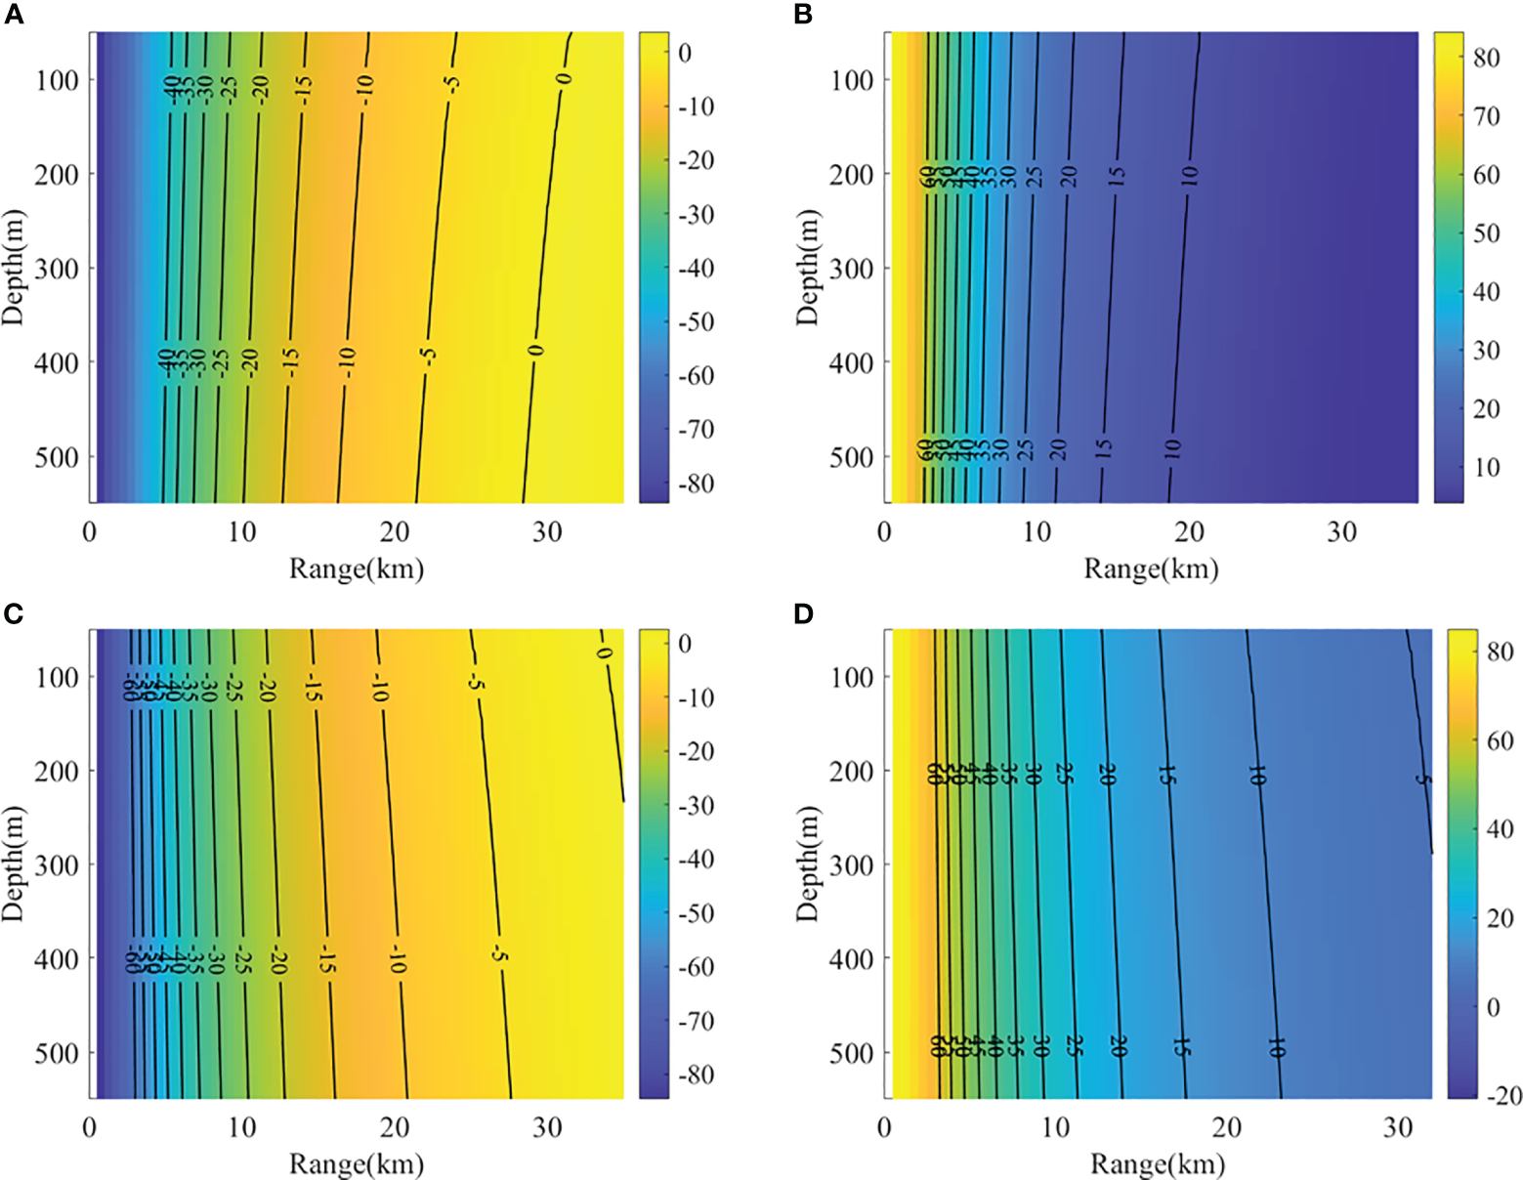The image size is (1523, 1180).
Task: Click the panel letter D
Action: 804,613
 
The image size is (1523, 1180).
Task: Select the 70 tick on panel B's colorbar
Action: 1486,116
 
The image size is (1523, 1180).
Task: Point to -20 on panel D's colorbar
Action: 1503,1095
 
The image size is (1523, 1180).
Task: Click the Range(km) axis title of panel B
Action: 1151,569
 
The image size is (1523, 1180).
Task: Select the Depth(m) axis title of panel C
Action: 13,864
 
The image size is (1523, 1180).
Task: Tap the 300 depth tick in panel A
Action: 57,269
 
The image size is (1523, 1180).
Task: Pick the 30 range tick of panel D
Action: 1398,1128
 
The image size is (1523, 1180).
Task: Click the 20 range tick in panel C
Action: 394,1128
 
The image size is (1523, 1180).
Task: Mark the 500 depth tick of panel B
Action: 851,457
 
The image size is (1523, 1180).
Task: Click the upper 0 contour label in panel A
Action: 565,79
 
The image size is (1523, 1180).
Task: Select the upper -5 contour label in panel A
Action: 451,86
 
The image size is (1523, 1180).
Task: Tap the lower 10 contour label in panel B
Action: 1172,448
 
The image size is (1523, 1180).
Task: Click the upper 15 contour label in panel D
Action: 1166,775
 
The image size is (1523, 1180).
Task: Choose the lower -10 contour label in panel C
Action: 396,959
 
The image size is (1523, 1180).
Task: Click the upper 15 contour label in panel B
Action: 1118,176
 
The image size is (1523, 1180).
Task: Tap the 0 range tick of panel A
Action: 90,532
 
